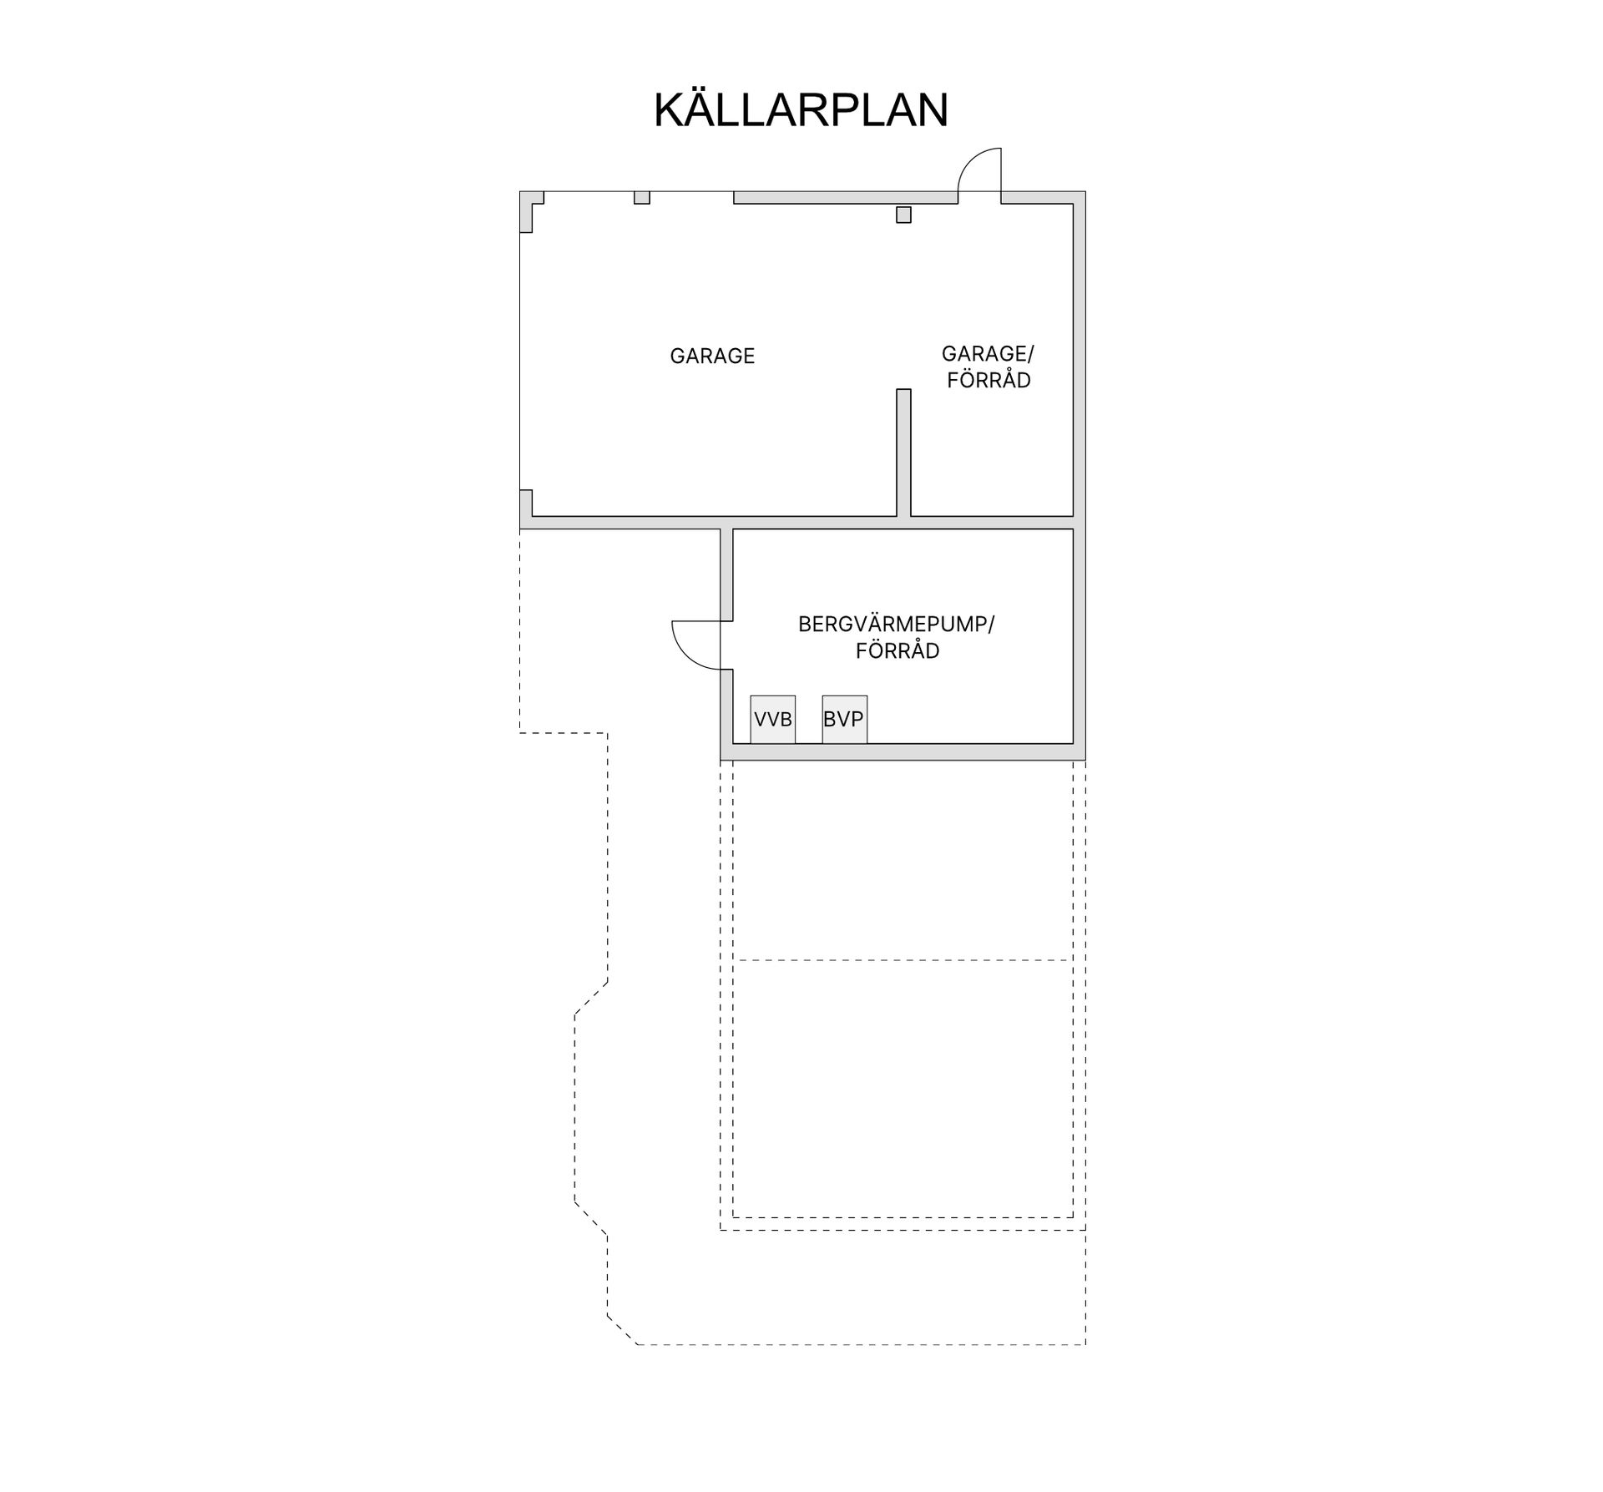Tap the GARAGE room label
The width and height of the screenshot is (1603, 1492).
coord(712,356)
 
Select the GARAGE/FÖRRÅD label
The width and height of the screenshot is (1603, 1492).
coord(989,367)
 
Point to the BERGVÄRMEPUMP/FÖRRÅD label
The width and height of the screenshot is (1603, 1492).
coord(897,637)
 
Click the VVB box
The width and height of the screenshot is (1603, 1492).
coord(772,719)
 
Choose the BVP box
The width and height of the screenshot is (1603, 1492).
coord(844,719)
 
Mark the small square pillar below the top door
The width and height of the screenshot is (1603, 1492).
coord(903,215)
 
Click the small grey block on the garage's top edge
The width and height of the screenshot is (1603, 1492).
coord(641,198)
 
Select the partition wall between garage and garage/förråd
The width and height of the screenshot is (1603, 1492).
coord(903,453)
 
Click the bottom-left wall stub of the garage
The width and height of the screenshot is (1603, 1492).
coord(526,503)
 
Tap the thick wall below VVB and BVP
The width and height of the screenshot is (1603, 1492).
coord(903,751)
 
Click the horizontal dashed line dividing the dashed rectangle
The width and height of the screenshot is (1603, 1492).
coord(903,960)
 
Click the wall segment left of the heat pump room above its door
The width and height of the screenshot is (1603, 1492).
coord(726,574)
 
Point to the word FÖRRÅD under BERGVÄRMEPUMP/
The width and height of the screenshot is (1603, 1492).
coord(898,650)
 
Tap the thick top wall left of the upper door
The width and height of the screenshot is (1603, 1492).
coord(846,198)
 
